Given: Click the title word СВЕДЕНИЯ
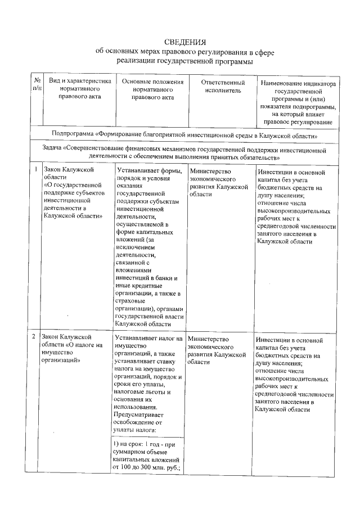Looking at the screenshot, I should coord(185,42).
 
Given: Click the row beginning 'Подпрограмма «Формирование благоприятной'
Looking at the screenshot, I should coord(184,136).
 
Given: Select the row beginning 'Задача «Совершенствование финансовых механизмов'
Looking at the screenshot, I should coord(184,152).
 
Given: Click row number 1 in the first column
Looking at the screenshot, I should coord(36,169).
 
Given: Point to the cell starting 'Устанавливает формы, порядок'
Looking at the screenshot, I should coord(150,247).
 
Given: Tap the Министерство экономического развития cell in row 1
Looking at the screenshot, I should coord(219,182).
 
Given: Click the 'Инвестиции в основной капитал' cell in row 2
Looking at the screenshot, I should coord(296,375).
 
